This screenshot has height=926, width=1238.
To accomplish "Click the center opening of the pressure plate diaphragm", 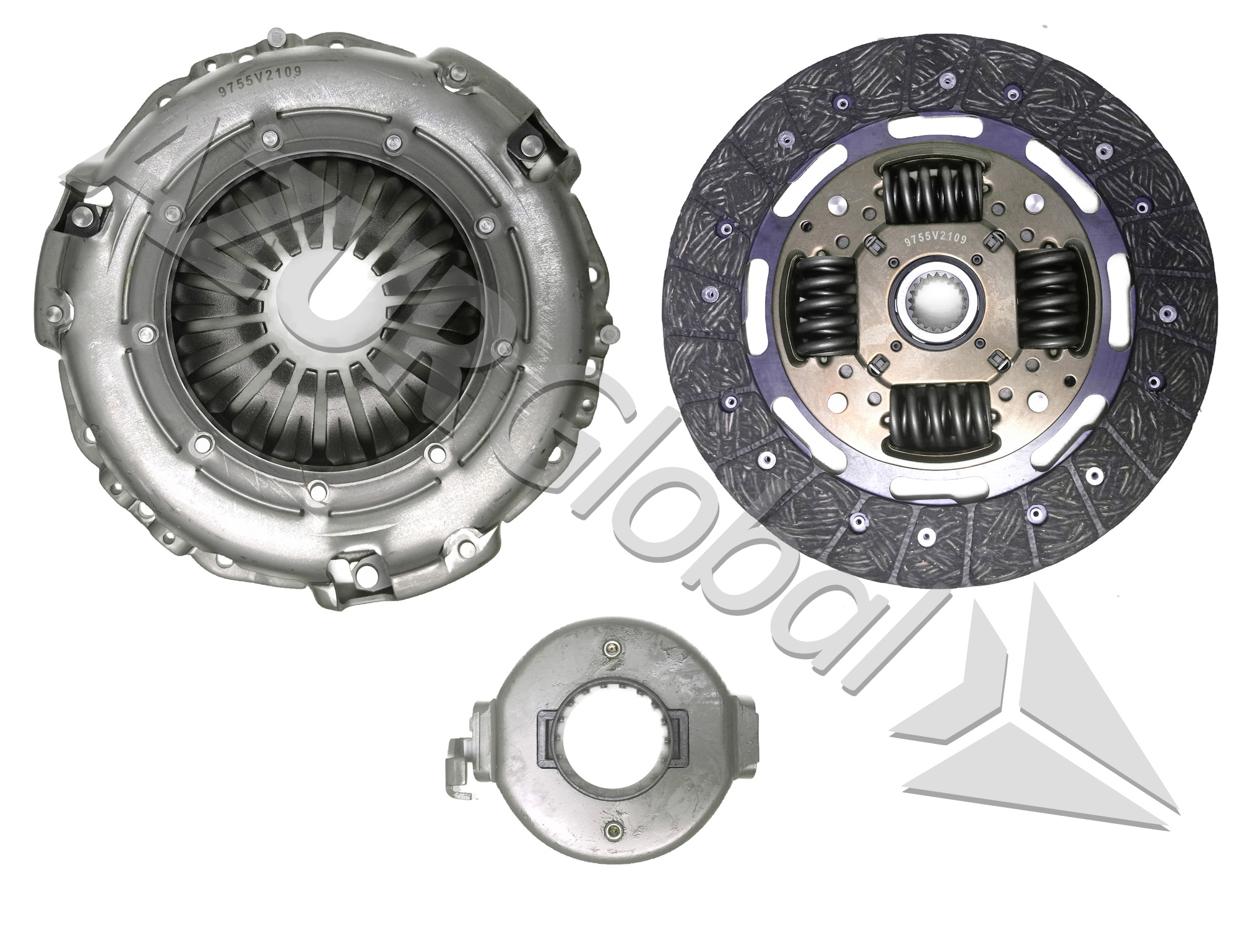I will (x=322, y=303).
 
